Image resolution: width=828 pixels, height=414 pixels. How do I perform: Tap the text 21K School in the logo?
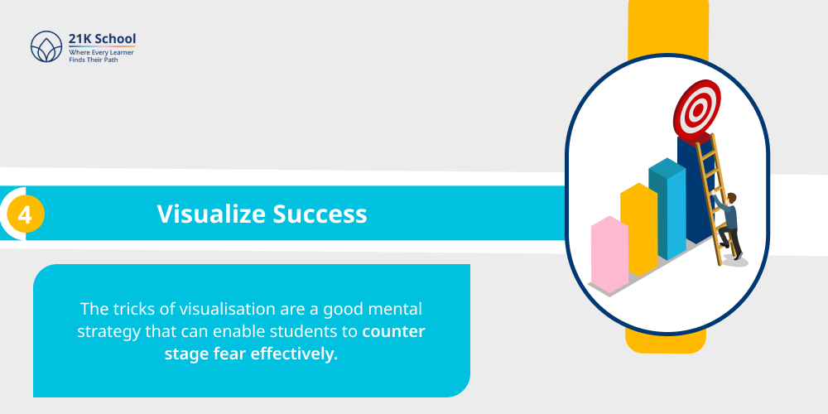pos(103,39)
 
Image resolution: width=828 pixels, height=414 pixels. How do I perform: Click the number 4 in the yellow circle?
pos(25,215)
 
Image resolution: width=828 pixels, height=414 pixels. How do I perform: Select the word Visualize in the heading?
pos(211,214)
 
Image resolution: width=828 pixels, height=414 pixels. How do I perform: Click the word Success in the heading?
pos(320,214)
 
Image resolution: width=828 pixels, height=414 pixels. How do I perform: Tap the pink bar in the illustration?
pos(609,256)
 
